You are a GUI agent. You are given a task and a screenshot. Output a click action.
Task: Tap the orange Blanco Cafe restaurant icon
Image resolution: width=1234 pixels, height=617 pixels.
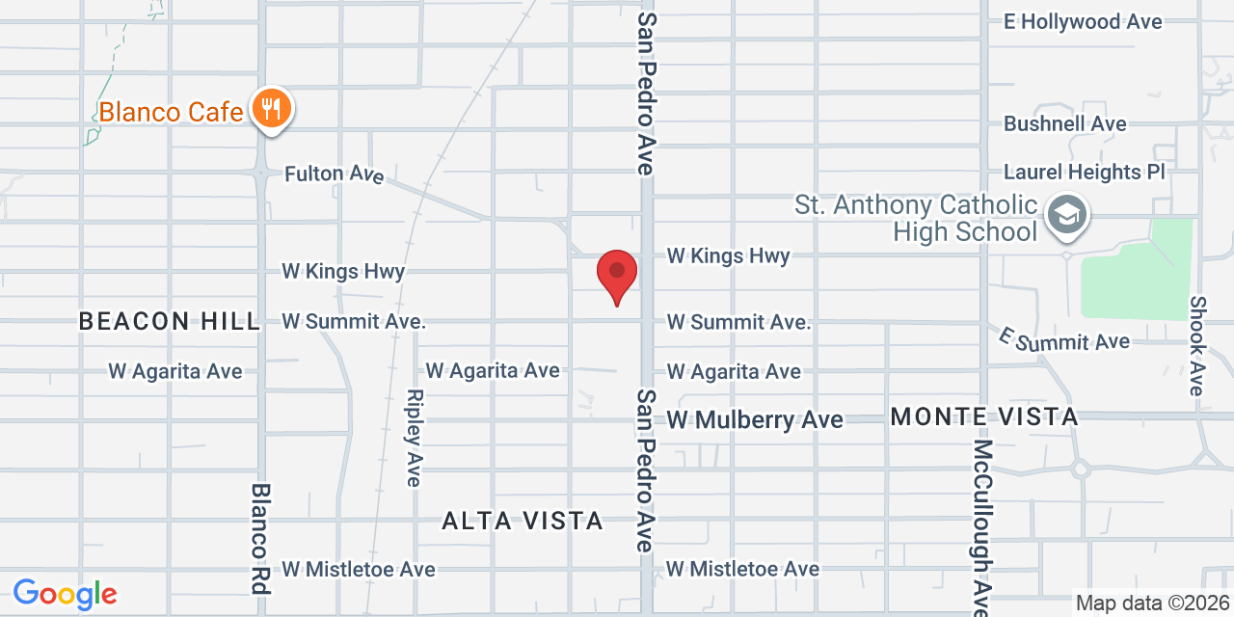(x=272, y=107)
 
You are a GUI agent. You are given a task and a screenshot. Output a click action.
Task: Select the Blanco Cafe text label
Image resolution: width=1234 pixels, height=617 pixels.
(x=172, y=112)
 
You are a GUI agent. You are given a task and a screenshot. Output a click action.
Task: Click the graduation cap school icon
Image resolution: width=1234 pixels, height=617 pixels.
(x=1067, y=214)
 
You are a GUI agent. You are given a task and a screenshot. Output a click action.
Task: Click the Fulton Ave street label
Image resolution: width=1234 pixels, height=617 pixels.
(x=334, y=174)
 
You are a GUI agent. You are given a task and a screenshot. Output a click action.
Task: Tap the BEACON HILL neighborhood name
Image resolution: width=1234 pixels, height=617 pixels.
(x=170, y=321)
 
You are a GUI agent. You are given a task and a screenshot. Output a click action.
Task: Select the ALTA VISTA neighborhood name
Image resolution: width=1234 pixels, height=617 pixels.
(x=523, y=521)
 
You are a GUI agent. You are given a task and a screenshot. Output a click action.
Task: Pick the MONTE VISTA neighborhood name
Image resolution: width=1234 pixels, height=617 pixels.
(x=984, y=416)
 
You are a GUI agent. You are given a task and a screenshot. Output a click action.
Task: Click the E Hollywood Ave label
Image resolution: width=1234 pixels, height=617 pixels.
(x=1083, y=21)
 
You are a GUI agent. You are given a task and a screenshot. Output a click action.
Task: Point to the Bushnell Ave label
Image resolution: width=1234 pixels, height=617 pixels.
(x=1064, y=123)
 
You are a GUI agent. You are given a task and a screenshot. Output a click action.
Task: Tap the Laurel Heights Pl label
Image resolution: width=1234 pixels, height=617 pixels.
(x=1085, y=172)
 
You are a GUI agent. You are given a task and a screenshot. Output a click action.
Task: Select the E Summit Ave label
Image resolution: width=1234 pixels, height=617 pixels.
(x=1064, y=340)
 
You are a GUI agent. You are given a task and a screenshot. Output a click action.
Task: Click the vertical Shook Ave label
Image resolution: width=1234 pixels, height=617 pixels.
(x=1197, y=345)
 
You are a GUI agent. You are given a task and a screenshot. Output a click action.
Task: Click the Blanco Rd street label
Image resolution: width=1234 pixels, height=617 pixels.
(x=260, y=538)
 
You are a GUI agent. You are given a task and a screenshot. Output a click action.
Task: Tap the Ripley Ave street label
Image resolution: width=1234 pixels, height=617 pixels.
(x=415, y=438)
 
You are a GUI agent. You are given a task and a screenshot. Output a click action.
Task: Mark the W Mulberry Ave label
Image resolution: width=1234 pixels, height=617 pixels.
(x=755, y=419)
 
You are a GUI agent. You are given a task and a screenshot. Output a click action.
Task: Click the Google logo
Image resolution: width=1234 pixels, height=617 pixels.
(x=65, y=594)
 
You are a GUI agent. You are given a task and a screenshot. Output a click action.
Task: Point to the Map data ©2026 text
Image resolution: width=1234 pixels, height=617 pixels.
(x=1153, y=604)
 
